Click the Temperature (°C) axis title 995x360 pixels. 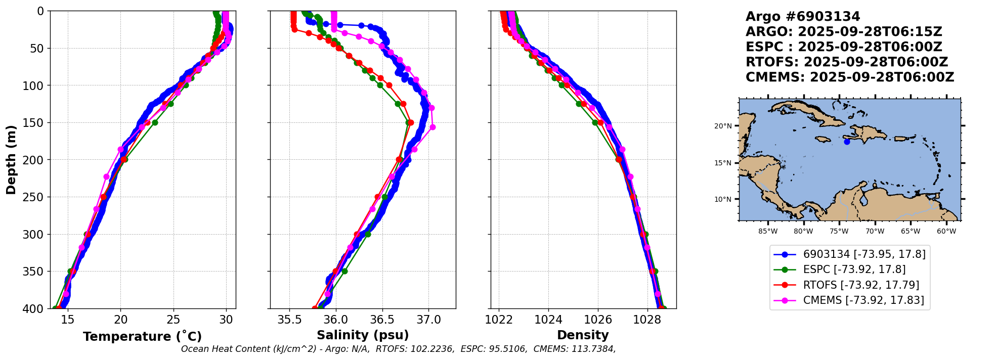[142, 336]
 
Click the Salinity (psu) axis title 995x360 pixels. [363, 335]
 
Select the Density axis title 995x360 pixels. [583, 335]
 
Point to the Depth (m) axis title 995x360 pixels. [11, 159]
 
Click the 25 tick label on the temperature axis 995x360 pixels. [174, 320]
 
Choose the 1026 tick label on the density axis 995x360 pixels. [598, 320]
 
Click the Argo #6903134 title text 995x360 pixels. [803, 17]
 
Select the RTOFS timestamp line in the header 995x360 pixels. [846, 62]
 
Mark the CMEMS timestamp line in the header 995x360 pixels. [849, 77]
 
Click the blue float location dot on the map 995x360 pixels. [847, 142]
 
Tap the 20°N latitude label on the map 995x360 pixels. [723, 126]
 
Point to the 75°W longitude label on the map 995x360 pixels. [839, 232]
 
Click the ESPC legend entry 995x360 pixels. [854, 269]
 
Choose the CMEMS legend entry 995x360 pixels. [863, 300]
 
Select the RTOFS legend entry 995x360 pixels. [861, 285]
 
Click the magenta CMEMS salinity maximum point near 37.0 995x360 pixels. [432, 127]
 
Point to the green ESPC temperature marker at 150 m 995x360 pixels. [155, 122]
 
